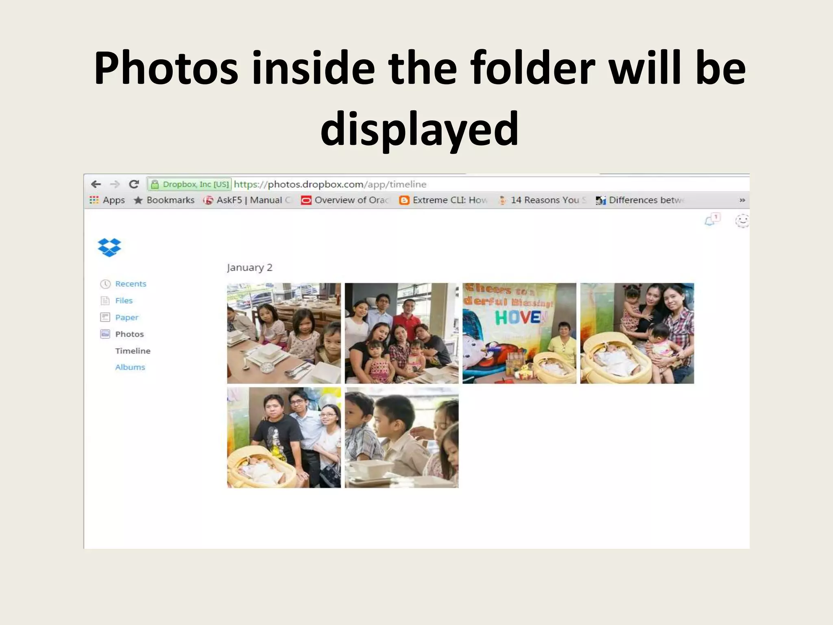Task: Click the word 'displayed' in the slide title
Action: pos(419,129)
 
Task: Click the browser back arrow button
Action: pos(96,184)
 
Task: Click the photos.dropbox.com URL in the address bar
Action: pos(330,184)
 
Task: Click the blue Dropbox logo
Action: pos(109,247)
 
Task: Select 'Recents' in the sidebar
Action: pos(130,284)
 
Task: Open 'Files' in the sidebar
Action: pos(124,301)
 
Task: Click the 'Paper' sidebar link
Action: pos(126,317)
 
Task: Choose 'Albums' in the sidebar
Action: pos(130,367)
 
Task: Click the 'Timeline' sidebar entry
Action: pos(133,351)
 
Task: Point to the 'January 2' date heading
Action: pos(249,268)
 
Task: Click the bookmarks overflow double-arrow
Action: pos(742,200)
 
